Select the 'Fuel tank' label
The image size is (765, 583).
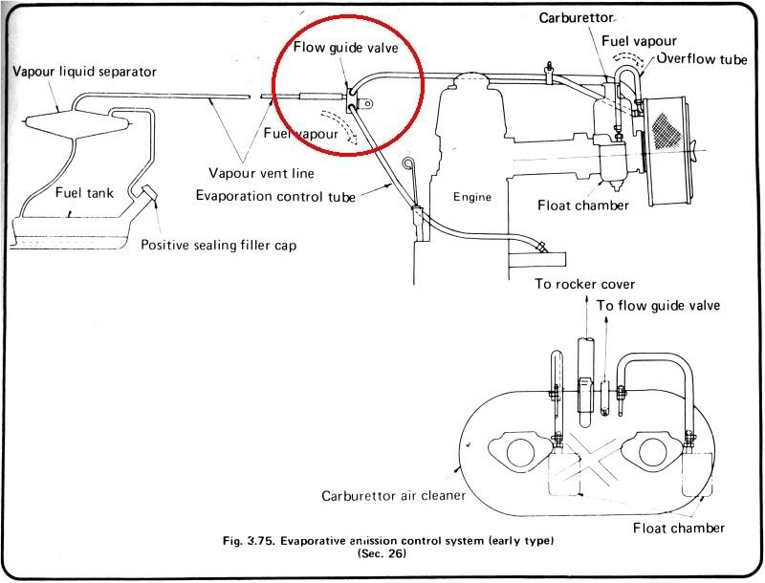pyautogui.click(x=83, y=193)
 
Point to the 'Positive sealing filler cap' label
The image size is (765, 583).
pyautogui.click(x=218, y=245)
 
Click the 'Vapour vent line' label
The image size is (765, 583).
pyautogui.click(x=260, y=173)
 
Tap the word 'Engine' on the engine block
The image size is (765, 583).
pyautogui.click(x=471, y=197)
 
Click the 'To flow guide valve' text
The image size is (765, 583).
pyautogui.click(x=659, y=305)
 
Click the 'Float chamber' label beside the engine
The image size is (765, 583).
pyautogui.click(x=582, y=205)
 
